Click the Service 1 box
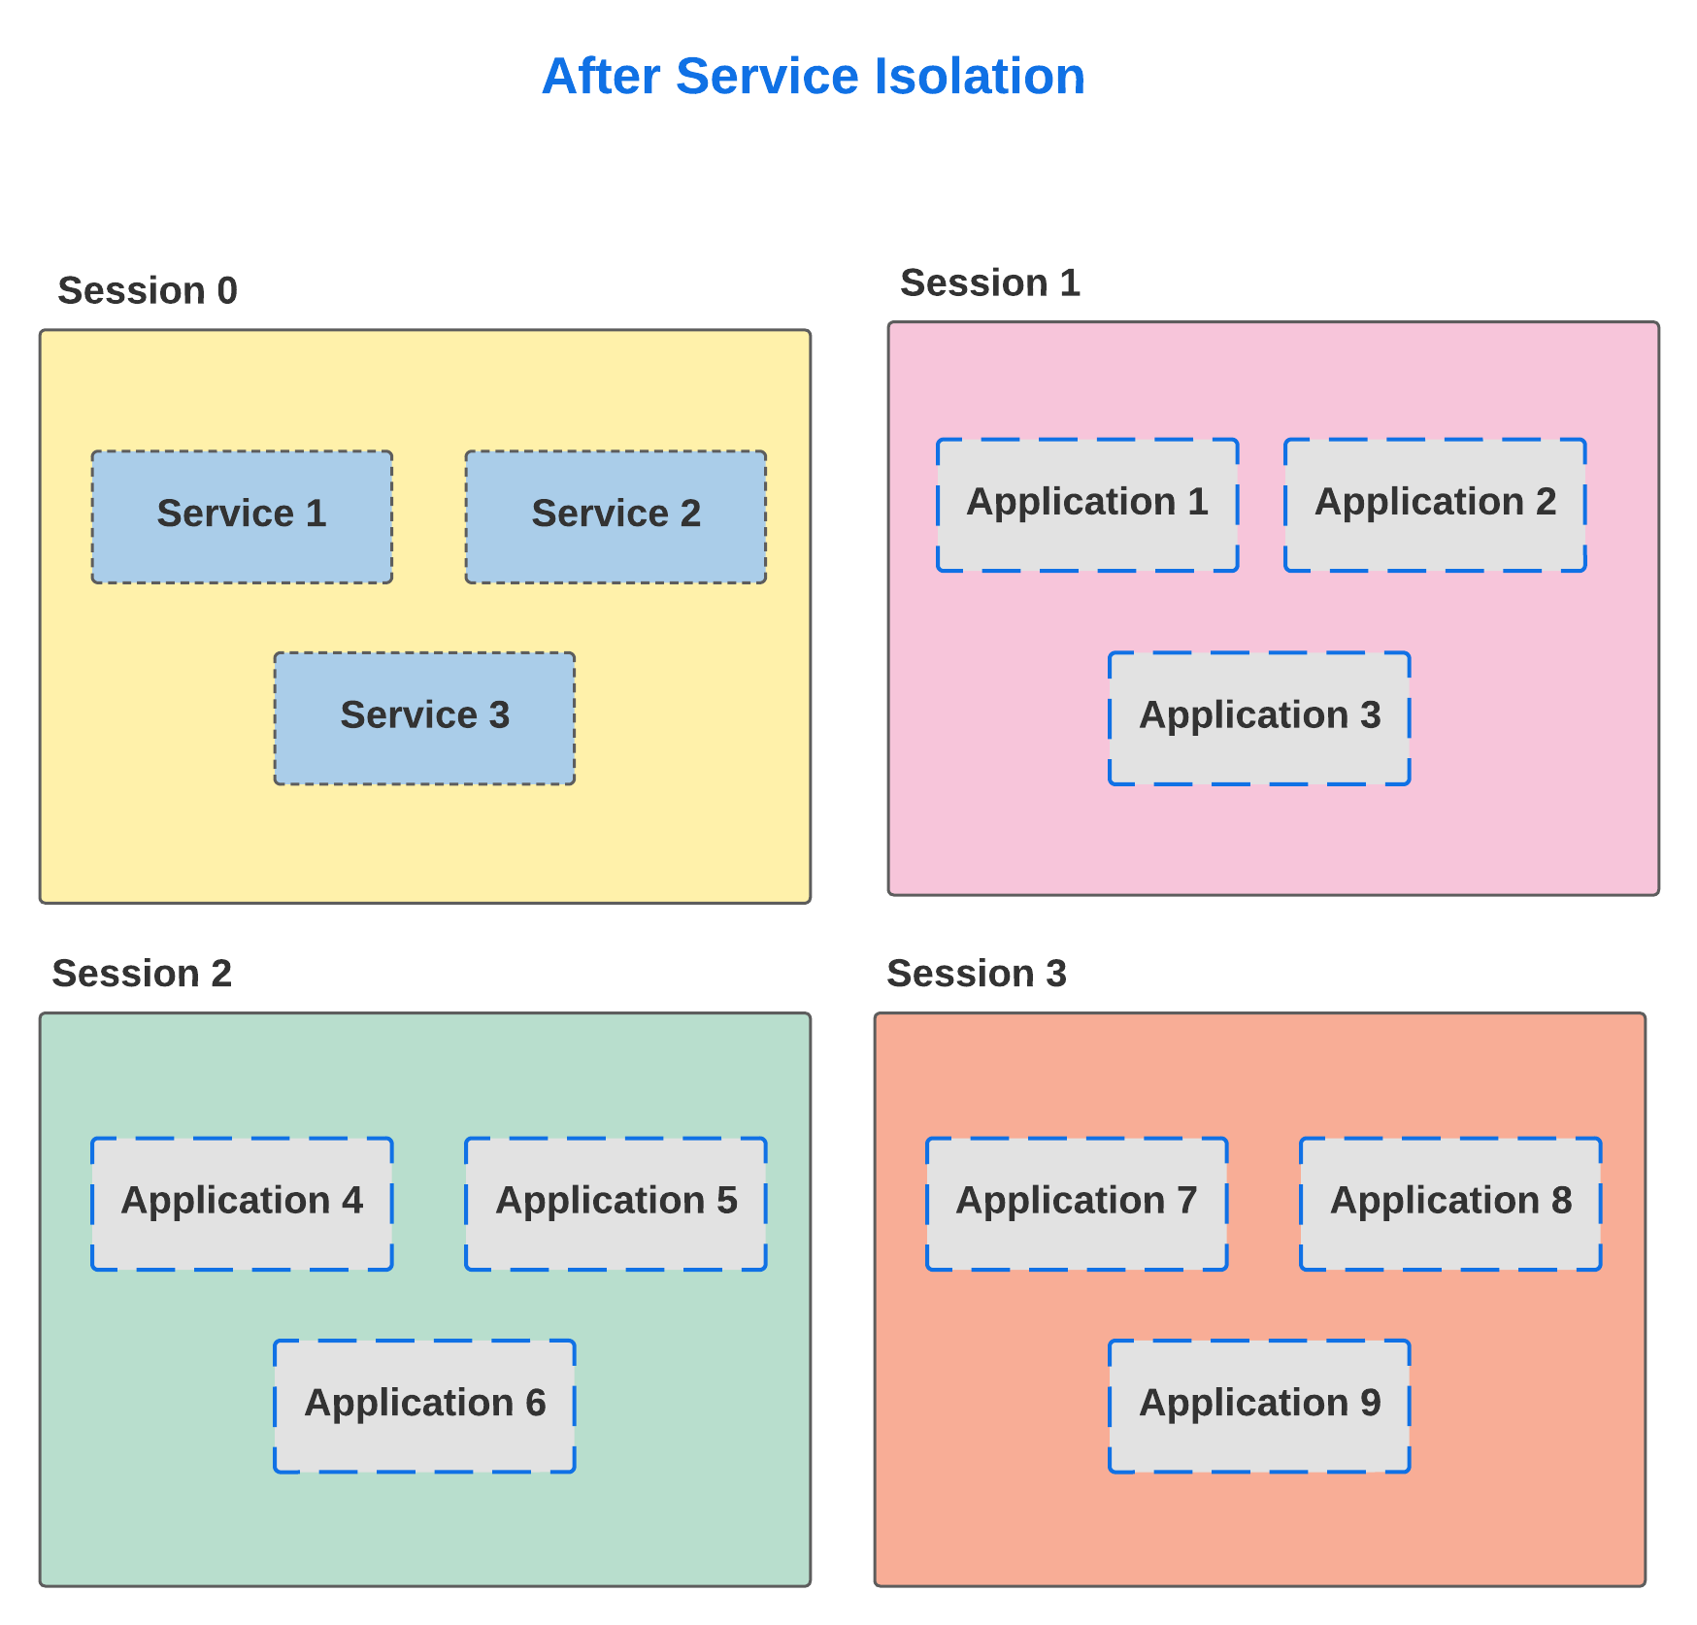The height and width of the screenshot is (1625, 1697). [x=242, y=516]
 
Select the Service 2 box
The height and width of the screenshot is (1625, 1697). [x=616, y=516]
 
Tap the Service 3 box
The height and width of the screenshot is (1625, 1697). [x=424, y=718]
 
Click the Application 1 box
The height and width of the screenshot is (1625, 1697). [x=1087, y=505]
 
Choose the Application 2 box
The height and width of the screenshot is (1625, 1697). [x=1435, y=505]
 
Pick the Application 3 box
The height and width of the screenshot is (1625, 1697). [x=1259, y=718]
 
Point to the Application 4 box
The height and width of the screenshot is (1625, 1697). [x=242, y=1204]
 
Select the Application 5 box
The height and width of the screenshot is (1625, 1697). [x=616, y=1204]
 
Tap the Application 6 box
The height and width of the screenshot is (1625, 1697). [x=424, y=1406]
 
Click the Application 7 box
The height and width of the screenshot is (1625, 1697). [x=1077, y=1204]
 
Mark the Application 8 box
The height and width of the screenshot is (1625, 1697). [x=1450, y=1204]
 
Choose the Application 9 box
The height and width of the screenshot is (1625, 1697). [x=1259, y=1406]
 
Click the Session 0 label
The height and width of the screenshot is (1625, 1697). [x=148, y=290]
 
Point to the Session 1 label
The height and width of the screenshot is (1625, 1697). [x=990, y=282]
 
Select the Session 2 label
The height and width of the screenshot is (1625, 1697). [x=142, y=973]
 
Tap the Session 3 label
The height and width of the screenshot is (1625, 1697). [x=977, y=973]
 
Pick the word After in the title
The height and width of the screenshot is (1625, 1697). [x=601, y=76]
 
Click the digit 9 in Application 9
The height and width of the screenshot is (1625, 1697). [x=1370, y=1402]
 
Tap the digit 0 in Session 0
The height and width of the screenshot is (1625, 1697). [x=227, y=290]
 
